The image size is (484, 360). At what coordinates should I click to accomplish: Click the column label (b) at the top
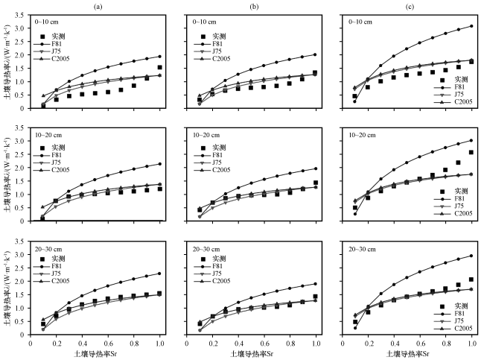point(254,7)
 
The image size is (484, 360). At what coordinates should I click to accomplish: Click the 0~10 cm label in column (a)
point(46,22)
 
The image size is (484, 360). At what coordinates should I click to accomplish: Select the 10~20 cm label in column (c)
point(362,135)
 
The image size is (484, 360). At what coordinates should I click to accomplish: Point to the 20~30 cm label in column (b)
point(206,249)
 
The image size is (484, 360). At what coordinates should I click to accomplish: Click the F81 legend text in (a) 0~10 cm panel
point(57,44)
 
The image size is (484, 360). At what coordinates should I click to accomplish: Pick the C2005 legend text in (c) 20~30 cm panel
point(463,328)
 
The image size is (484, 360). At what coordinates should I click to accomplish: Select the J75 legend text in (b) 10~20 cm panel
point(217,162)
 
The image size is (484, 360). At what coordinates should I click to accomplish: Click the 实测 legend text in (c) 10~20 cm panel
point(461,191)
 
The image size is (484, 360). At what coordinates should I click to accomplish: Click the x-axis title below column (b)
point(252,353)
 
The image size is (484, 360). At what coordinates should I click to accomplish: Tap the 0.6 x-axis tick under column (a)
point(108,344)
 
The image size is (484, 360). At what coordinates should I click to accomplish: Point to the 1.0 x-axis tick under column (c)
point(472,344)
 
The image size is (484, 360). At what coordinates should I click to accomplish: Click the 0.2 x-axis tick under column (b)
point(212,344)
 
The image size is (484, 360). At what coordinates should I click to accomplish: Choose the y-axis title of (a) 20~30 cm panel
point(7,288)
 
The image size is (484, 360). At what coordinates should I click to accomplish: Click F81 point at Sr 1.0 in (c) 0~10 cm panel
point(471,26)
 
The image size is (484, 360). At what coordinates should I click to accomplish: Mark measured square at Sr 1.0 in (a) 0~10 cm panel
point(159,67)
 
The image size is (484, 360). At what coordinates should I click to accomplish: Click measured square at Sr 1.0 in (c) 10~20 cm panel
point(471,152)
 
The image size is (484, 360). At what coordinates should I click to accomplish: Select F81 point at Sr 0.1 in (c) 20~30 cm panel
point(355,328)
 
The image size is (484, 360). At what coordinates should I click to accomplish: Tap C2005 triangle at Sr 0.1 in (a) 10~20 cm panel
point(43,206)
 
